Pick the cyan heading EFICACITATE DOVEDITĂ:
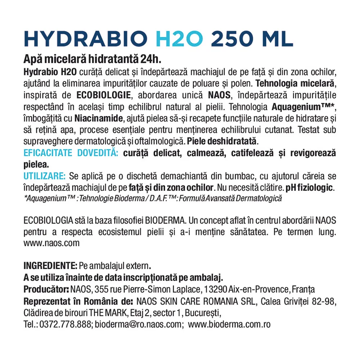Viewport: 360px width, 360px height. pos(71,153)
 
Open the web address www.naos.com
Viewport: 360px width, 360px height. pos(51,243)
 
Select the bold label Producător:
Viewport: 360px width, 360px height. pos(46,289)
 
